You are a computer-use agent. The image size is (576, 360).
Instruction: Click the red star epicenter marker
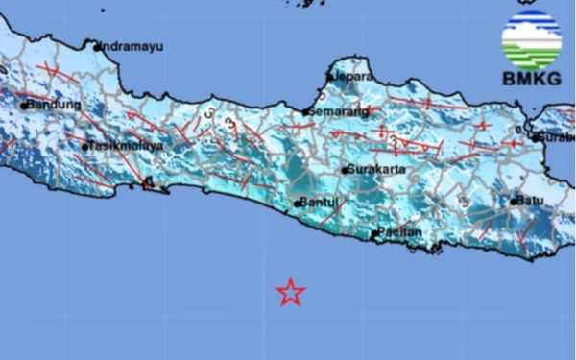(x=290, y=292)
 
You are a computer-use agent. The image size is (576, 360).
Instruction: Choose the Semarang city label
(x=339, y=111)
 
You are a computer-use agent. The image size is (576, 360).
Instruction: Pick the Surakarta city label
(x=376, y=170)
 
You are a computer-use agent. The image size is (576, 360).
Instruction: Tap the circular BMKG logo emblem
(x=531, y=39)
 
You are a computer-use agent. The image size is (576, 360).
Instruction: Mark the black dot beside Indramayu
(x=98, y=45)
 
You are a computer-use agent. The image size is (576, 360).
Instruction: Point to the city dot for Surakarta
(x=346, y=171)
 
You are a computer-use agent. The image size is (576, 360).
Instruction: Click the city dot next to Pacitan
(x=373, y=234)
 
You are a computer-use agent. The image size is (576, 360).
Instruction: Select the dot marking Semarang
(x=306, y=112)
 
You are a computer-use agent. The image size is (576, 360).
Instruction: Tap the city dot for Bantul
(x=298, y=204)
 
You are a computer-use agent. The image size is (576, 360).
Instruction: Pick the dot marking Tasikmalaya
(x=85, y=147)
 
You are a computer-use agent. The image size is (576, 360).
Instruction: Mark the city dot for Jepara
(x=329, y=76)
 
